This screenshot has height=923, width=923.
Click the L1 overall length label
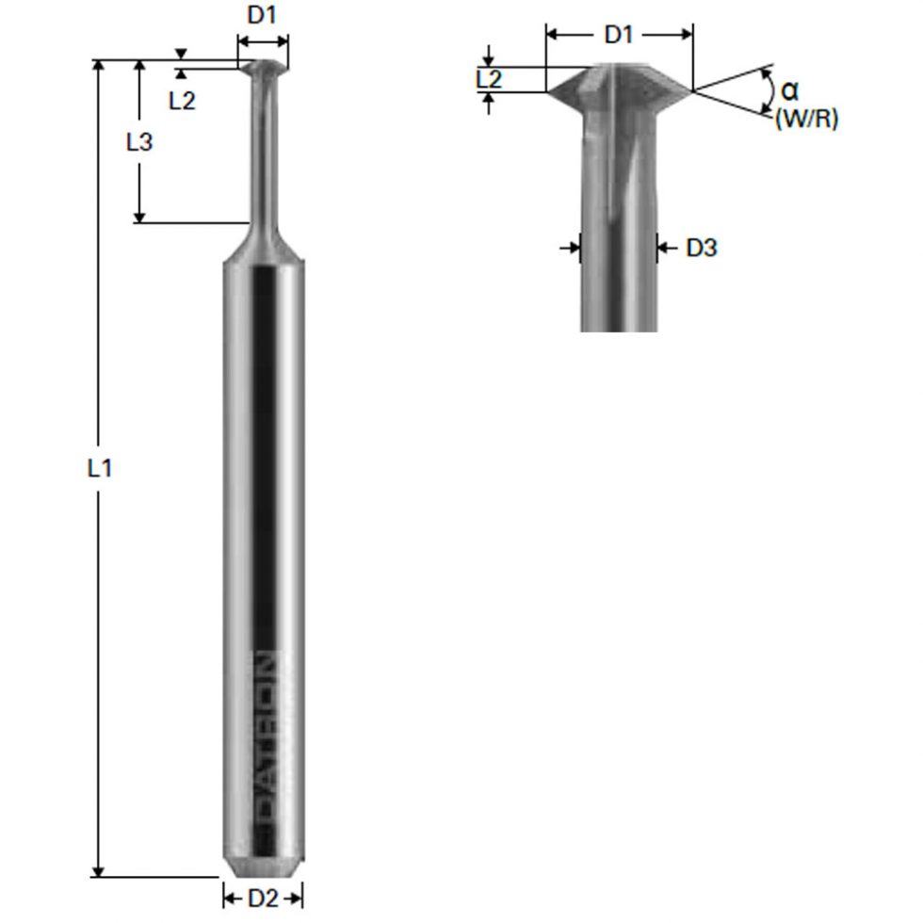tap(100, 468)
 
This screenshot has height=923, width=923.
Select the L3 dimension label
tap(139, 142)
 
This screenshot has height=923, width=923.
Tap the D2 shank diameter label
tap(263, 899)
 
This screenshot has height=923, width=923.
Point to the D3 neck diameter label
tap(702, 248)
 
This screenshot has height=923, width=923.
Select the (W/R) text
tap(806, 120)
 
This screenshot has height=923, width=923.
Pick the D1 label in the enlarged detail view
tap(619, 35)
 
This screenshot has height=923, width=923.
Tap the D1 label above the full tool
tap(263, 17)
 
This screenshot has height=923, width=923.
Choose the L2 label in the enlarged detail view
tap(489, 79)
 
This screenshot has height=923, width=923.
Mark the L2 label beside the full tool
tap(182, 101)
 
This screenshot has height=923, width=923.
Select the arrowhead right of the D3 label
tap(663, 248)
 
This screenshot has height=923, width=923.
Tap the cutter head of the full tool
tap(263, 69)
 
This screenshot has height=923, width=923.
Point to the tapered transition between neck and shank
tap(263, 240)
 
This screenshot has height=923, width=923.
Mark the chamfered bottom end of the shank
tap(263, 866)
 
